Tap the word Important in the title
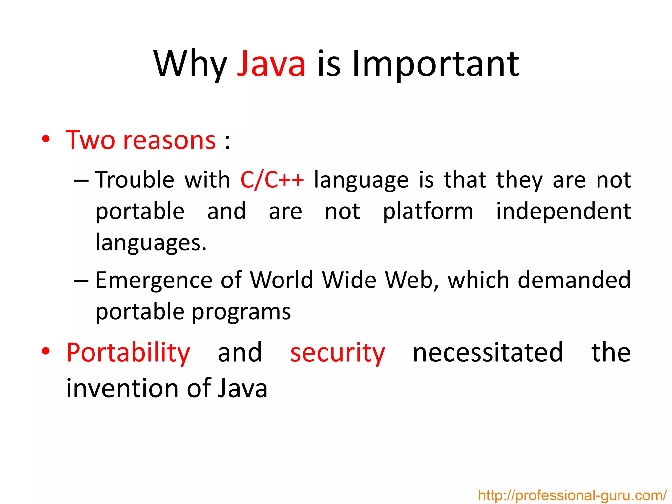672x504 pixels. (x=435, y=64)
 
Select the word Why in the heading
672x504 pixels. (x=190, y=64)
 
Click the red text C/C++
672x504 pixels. (x=272, y=180)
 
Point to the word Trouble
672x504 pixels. (x=135, y=180)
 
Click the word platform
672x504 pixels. (x=428, y=212)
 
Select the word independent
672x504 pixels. (x=563, y=212)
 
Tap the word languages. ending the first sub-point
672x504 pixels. (x=151, y=243)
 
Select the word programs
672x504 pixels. (x=241, y=311)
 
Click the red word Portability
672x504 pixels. (x=128, y=353)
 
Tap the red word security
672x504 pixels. (x=338, y=353)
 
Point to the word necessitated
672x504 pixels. (x=488, y=352)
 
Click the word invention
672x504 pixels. (x=122, y=388)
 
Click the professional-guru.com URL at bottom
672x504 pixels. (x=572, y=495)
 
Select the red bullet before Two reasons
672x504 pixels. (x=46, y=139)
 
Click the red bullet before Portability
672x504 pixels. (x=46, y=351)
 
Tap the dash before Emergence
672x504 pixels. (x=81, y=281)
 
